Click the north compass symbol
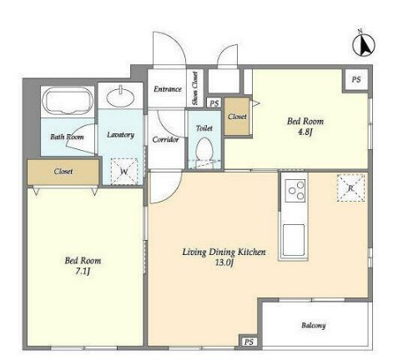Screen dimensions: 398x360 click(x=364, y=44)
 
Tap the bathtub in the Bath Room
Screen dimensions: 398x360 click(x=68, y=101)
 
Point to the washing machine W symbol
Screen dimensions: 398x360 click(x=124, y=172)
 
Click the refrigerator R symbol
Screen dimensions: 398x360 click(x=350, y=187)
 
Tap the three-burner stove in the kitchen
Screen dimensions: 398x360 click(x=295, y=191)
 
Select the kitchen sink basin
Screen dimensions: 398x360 click(x=294, y=240)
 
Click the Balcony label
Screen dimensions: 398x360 click(x=314, y=325)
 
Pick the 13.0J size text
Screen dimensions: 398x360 click(x=224, y=262)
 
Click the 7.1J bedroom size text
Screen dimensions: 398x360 click(x=83, y=271)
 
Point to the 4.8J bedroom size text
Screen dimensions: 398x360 click(x=305, y=132)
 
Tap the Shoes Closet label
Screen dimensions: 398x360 click(x=194, y=88)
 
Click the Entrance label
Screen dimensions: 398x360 click(x=168, y=89)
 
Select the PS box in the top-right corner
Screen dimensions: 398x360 click(x=356, y=79)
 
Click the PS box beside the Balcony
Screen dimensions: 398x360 click(x=249, y=342)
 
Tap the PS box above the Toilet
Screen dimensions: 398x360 click(x=214, y=103)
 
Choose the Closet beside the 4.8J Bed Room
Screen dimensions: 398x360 click(x=237, y=117)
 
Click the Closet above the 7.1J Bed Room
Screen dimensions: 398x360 click(x=63, y=172)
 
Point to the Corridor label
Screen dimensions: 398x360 click(x=165, y=139)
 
